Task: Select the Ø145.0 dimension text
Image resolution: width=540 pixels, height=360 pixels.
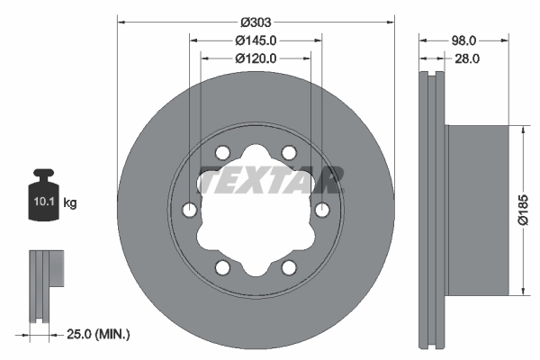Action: (x=256, y=40)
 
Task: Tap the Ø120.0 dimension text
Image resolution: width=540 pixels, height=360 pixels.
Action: (x=256, y=58)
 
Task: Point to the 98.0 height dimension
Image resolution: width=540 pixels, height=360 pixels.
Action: (x=463, y=40)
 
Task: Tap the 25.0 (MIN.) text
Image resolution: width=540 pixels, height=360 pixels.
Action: (x=99, y=334)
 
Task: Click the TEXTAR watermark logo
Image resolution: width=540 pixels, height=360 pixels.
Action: (x=269, y=181)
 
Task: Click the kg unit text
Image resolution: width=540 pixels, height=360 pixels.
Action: (x=70, y=202)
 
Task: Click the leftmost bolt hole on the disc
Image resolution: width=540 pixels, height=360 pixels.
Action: (x=189, y=210)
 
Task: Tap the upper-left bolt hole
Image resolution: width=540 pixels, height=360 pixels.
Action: (x=222, y=152)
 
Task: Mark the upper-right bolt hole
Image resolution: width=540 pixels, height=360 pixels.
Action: (x=289, y=152)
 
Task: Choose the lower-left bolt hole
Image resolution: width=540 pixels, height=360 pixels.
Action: (x=222, y=267)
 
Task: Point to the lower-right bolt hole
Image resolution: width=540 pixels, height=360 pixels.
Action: (x=289, y=267)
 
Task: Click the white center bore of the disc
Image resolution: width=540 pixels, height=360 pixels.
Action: (x=256, y=216)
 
